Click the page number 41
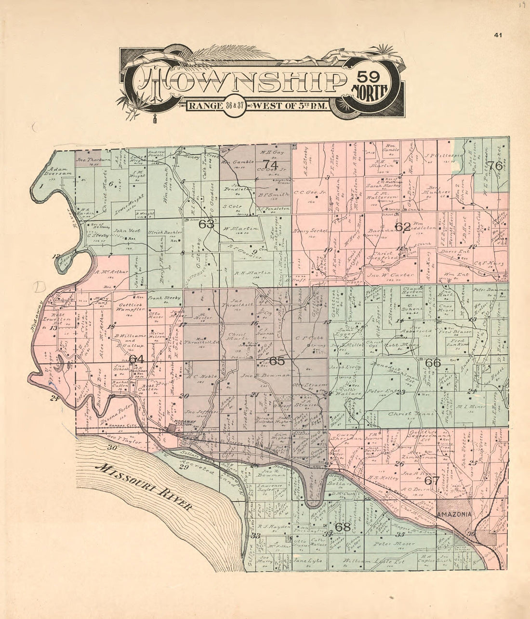click(498, 34)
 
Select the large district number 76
click(495, 165)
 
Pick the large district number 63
click(206, 224)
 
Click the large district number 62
click(403, 227)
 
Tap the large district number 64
click(136, 359)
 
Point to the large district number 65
click(277, 361)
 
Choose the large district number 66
click(433, 363)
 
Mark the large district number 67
click(432, 481)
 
